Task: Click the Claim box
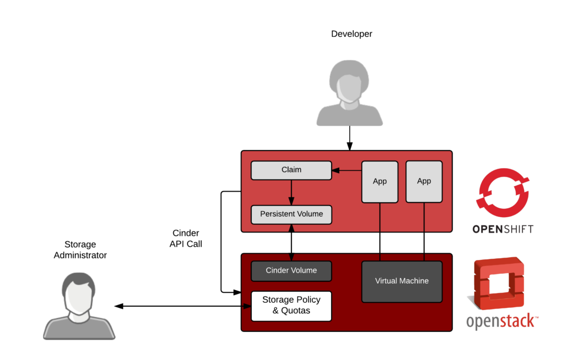click(291, 170)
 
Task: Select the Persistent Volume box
click(291, 214)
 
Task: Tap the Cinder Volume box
click(291, 270)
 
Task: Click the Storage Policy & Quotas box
click(291, 306)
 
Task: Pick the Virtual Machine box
click(401, 281)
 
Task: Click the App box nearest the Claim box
click(379, 181)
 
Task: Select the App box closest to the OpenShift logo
click(424, 181)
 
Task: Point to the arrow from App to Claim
click(346, 171)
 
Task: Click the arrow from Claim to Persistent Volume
click(291, 192)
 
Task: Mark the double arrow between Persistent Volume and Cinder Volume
click(291, 242)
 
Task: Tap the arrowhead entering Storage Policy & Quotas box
click(246, 306)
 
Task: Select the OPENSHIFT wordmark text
click(503, 229)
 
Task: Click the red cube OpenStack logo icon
click(499, 283)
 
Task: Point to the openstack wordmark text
click(501, 322)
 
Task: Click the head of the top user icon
click(349, 82)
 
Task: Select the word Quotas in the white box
click(296, 311)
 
